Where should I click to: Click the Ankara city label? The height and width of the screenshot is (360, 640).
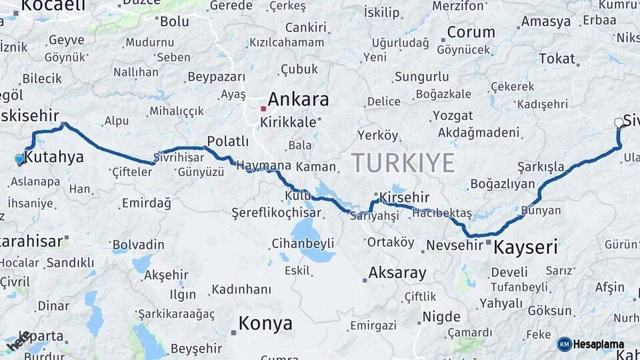coord(298,99)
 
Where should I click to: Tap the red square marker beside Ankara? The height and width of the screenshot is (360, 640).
coord(263,108)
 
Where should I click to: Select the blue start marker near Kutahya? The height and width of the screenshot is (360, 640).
coord(19,159)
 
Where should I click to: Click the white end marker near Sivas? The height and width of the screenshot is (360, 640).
coord(619,123)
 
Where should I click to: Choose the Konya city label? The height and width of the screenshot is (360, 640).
coord(265,324)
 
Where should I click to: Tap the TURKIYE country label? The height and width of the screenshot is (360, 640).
coord(403,163)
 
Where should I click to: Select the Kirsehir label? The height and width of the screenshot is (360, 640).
coord(404,197)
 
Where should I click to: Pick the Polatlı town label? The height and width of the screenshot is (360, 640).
coord(227,141)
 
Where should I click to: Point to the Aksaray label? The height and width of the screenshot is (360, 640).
coord(397,273)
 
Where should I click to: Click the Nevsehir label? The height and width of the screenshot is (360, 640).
coord(454,245)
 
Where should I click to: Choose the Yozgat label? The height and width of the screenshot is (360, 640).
coord(453,115)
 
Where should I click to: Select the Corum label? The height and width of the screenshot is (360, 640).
coord(471,32)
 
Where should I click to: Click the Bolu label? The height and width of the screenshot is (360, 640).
coord(174,21)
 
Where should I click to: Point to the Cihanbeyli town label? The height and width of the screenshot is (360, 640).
coord(303,243)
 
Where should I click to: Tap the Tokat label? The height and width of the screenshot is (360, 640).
coord(557,59)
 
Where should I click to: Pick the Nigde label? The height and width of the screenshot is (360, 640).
coord(441,317)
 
